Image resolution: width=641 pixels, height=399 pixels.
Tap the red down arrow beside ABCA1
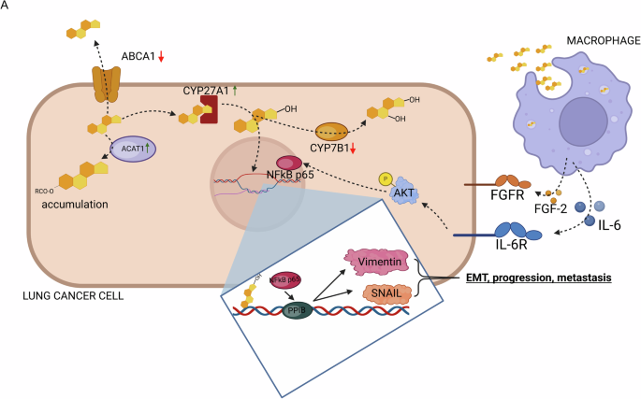pos(161,57)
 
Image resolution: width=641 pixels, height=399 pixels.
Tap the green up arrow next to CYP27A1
pos(236,91)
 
